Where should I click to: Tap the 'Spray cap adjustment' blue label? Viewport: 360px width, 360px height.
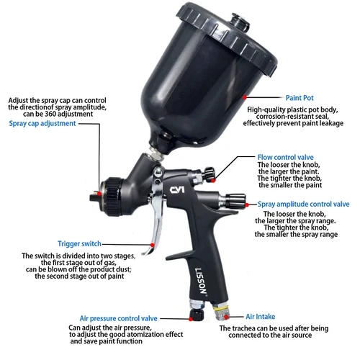(42, 124)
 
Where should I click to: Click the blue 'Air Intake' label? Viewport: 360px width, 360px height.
(261, 316)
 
